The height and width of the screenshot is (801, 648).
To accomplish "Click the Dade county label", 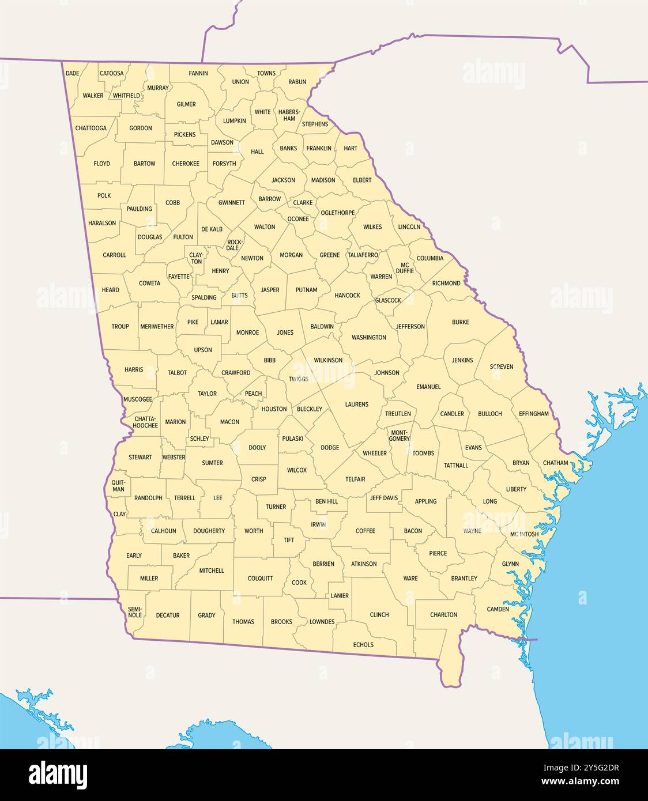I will tap(73, 73).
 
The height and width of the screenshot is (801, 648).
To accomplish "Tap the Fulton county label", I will tap(183, 237).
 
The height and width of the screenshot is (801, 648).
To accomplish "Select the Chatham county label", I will tap(555, 463).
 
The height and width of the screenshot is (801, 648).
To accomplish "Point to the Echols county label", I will tap(363, 644).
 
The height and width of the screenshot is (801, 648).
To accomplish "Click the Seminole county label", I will tap(135, 612).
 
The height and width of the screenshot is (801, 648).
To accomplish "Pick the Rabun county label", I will tap(297, 82).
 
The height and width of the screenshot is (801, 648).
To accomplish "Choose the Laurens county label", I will tap(356, 405).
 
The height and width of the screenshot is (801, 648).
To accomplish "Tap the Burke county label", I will tap(460, 322).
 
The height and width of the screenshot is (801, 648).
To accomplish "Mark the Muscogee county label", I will tap(138, 399).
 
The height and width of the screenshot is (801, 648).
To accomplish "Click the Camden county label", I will tap(498, 609).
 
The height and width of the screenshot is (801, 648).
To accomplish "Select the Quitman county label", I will tap(118, 486).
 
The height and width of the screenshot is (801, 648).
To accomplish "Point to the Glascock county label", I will tap(388, 300).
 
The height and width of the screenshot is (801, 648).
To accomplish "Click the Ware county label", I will tap(410, 578).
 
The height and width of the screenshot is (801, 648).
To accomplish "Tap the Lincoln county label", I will tap(409, 226).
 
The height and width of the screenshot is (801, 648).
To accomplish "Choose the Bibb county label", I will tap(270, 360).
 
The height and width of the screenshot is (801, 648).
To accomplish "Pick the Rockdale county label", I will tap(233, 245).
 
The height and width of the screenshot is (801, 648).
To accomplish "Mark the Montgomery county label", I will tap(400, 435).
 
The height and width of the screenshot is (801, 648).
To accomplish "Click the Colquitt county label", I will tap(260, 578).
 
